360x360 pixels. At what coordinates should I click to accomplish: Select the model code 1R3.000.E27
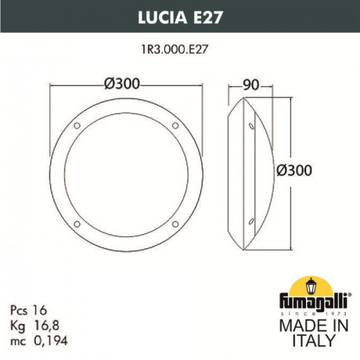click(179, 48)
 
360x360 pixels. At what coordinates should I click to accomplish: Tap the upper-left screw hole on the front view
click(75, 125)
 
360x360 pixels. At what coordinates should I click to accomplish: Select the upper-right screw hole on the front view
click(178, 125)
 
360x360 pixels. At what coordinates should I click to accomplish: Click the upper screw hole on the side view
click(251, 125)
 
